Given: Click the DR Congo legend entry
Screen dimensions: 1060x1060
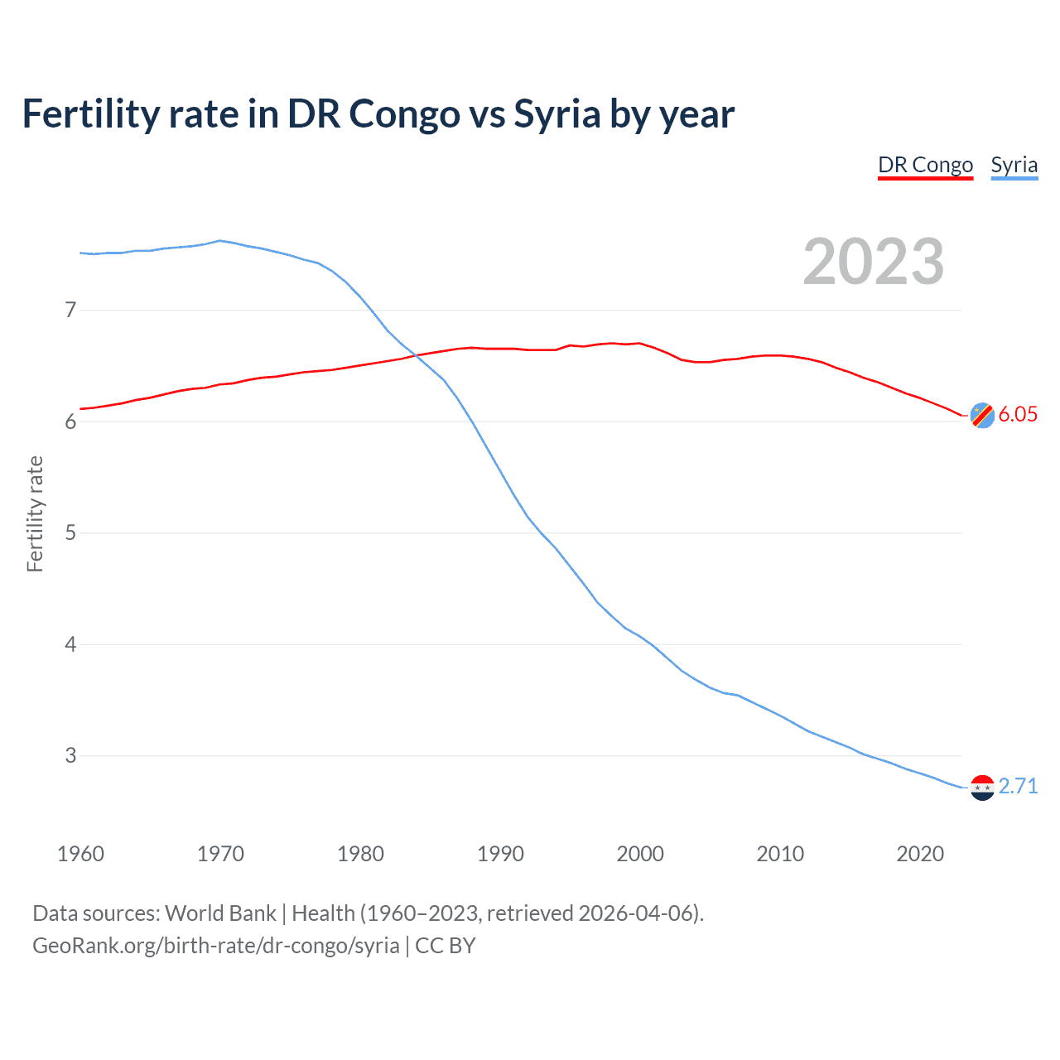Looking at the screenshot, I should tap(925, 165).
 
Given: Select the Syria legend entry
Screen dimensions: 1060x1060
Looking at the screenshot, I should tap(1014, 165).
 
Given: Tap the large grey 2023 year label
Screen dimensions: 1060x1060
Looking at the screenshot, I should tap(873, 262).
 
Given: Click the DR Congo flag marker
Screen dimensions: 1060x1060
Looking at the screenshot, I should tap(982, 415).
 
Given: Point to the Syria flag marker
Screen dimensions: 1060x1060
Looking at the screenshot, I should tap(982, 787).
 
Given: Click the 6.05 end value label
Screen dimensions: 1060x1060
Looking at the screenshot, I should tap(1018, 415).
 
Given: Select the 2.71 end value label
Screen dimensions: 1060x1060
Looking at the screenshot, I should tap(1018, 786).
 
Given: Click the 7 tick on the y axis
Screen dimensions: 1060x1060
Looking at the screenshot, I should tap(70, 311).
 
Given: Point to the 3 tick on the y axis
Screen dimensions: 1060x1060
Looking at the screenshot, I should tap(70, 755).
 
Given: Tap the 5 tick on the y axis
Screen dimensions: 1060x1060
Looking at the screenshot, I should tap(70, 532).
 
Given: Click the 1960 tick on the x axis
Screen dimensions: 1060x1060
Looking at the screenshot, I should tap(80, 854).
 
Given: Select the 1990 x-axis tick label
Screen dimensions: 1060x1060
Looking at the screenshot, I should tap(500, 854).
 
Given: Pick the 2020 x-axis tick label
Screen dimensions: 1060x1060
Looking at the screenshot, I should tap(920, 854).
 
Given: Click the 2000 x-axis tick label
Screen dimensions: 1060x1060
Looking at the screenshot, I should tap(640, 854).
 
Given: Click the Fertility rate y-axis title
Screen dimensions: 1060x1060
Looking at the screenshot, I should tap(35, 513).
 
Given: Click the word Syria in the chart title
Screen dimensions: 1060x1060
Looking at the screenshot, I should tap(556, 114).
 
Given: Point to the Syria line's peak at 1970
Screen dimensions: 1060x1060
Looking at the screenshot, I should tap(219, 241).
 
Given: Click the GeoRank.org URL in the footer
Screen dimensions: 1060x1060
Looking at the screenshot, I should tap(215, 946).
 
